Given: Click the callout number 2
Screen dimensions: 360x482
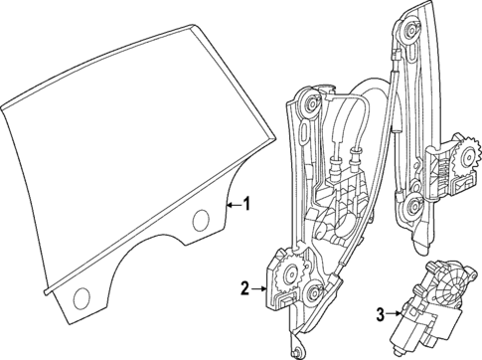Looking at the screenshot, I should [x=244, y=289].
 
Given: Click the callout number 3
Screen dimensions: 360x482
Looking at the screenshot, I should [x=382, y=317].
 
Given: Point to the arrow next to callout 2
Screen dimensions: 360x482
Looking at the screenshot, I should [x=260, y=289].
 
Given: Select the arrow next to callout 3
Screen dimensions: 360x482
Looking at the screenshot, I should [x=396, y=317].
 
